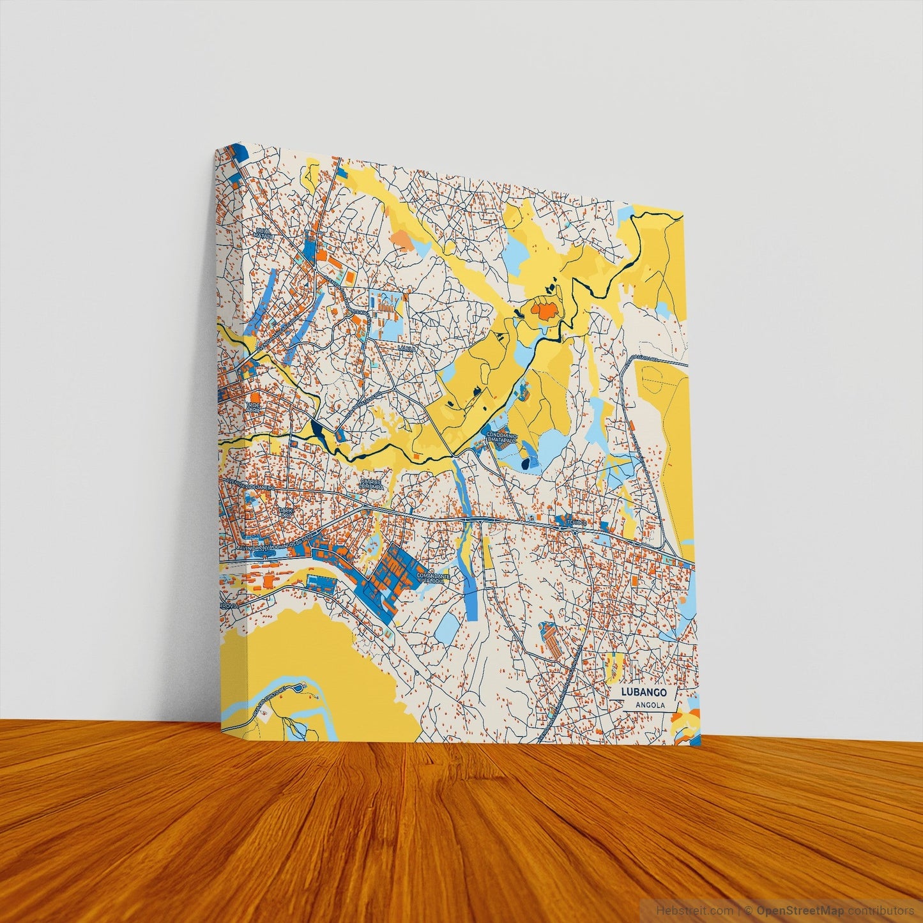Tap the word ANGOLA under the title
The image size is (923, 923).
(651, 705)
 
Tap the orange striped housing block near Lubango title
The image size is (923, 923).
(551, 636)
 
